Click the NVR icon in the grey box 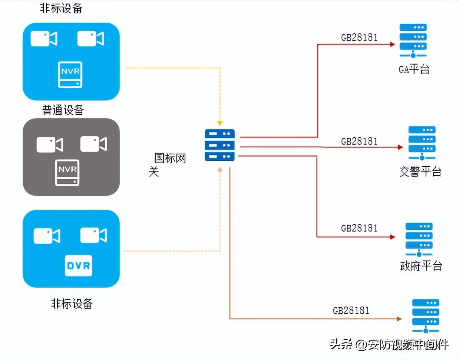[67, 173]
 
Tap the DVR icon [78, 266]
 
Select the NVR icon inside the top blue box [70, 75]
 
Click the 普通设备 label [63, 110]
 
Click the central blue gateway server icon [220, 145]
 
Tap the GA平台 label [414, 69]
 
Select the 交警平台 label [420, 171]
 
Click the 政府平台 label [421, 266]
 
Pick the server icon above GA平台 [413, 40]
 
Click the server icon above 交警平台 [422, 143]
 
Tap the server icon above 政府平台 [419, 239]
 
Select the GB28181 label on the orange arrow [351, 310]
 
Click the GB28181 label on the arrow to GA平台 [359, 37]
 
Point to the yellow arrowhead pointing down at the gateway [220, 123]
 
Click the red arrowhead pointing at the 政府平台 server [393, 237]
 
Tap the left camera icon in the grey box [50, 145]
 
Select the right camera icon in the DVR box [93, 236]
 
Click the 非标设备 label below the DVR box [72, 304]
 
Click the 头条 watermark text [341, 344]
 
